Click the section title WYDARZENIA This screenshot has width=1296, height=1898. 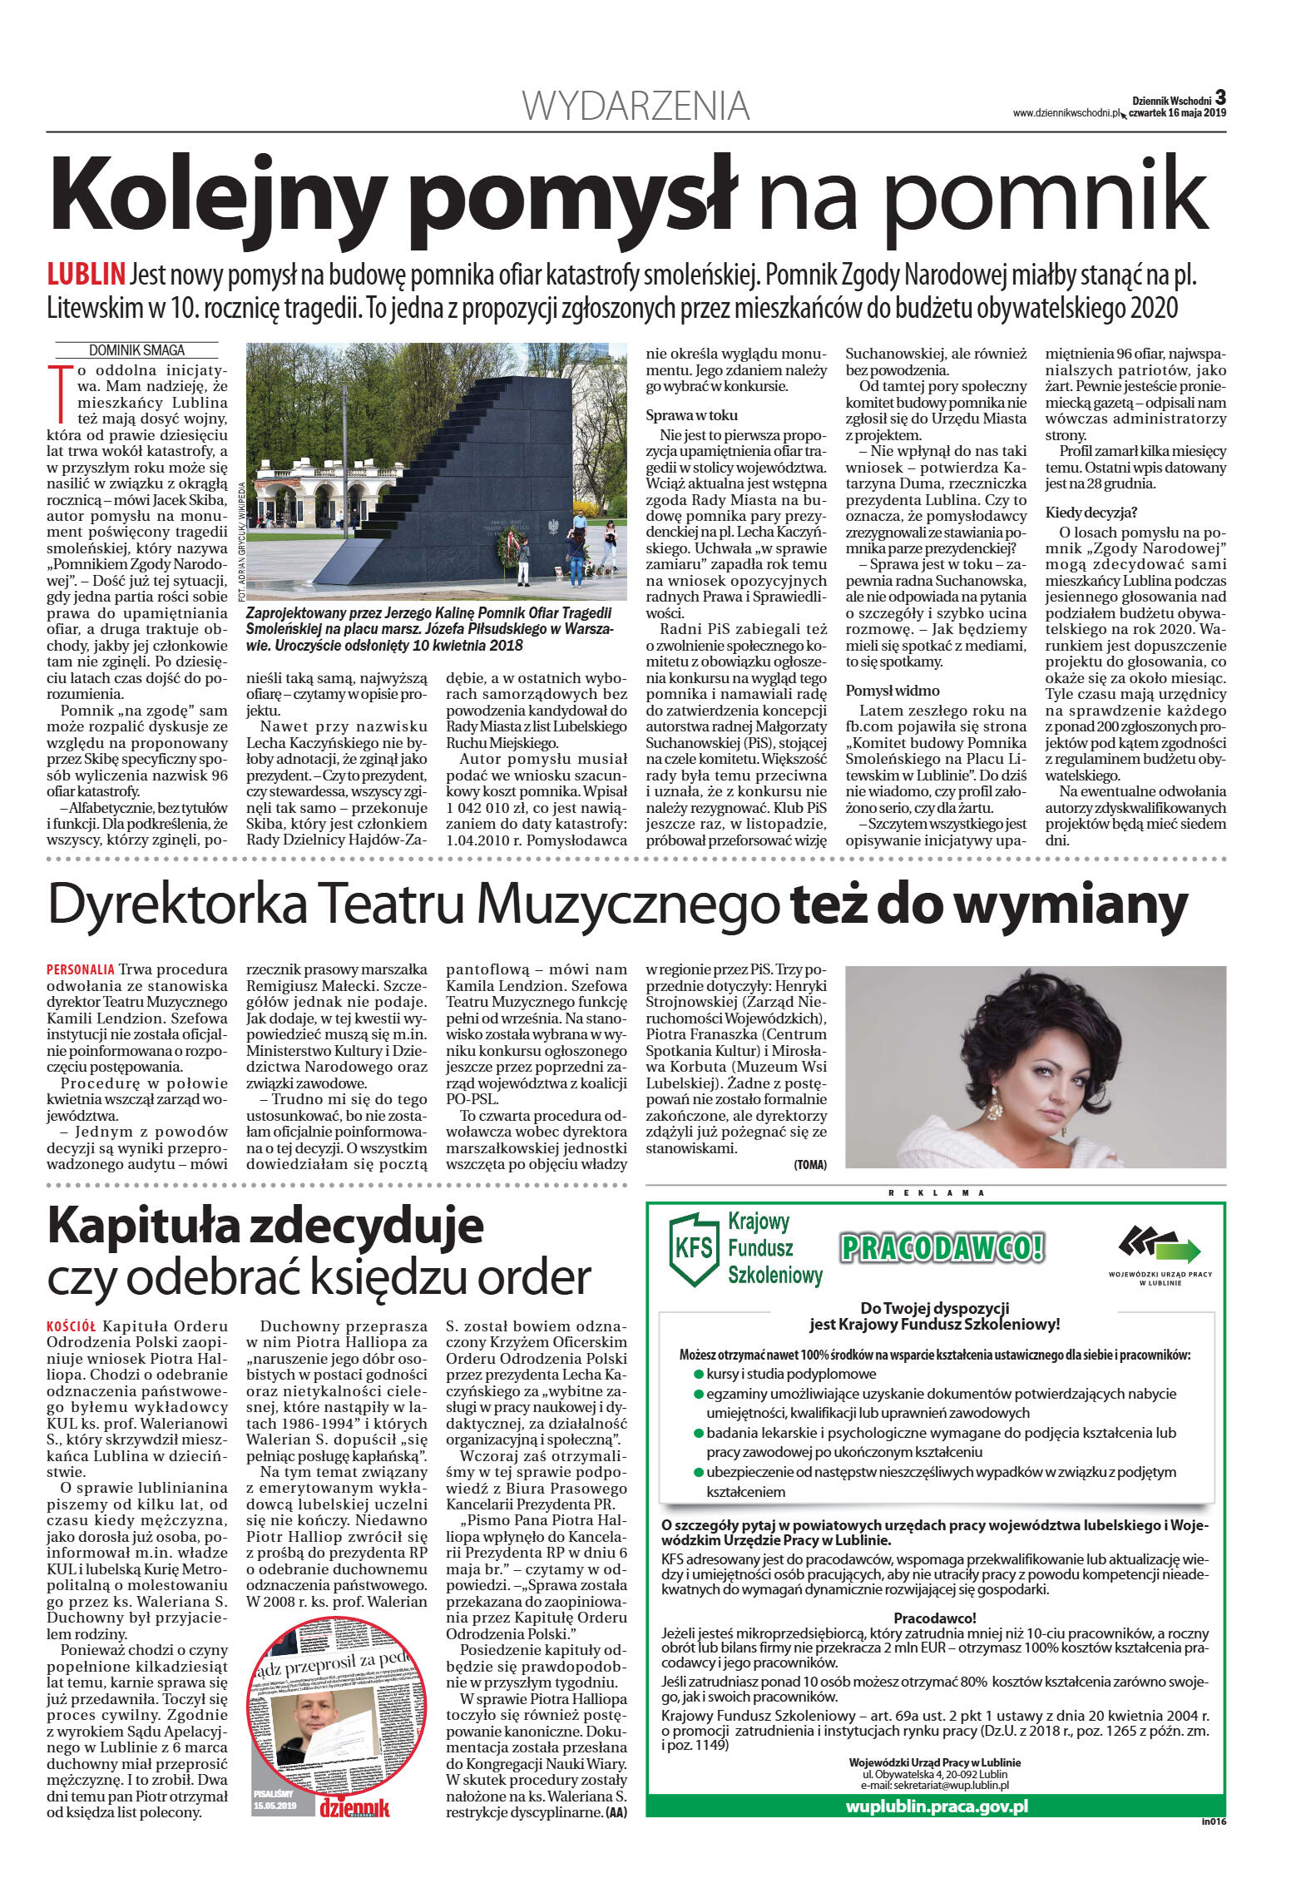[636, 107]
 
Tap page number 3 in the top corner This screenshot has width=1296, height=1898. [1219, 97]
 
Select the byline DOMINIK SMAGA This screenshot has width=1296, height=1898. [136, 350]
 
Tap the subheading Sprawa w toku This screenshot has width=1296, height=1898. [691, 415]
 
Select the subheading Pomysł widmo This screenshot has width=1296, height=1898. [892, 690]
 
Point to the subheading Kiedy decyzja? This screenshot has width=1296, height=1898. [1091, 512]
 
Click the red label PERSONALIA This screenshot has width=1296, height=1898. [81, 969]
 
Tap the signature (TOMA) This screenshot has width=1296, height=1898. [809, 1165]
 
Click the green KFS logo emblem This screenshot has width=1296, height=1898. [693, 1250]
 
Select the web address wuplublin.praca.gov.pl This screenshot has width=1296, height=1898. [936, 1806]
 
